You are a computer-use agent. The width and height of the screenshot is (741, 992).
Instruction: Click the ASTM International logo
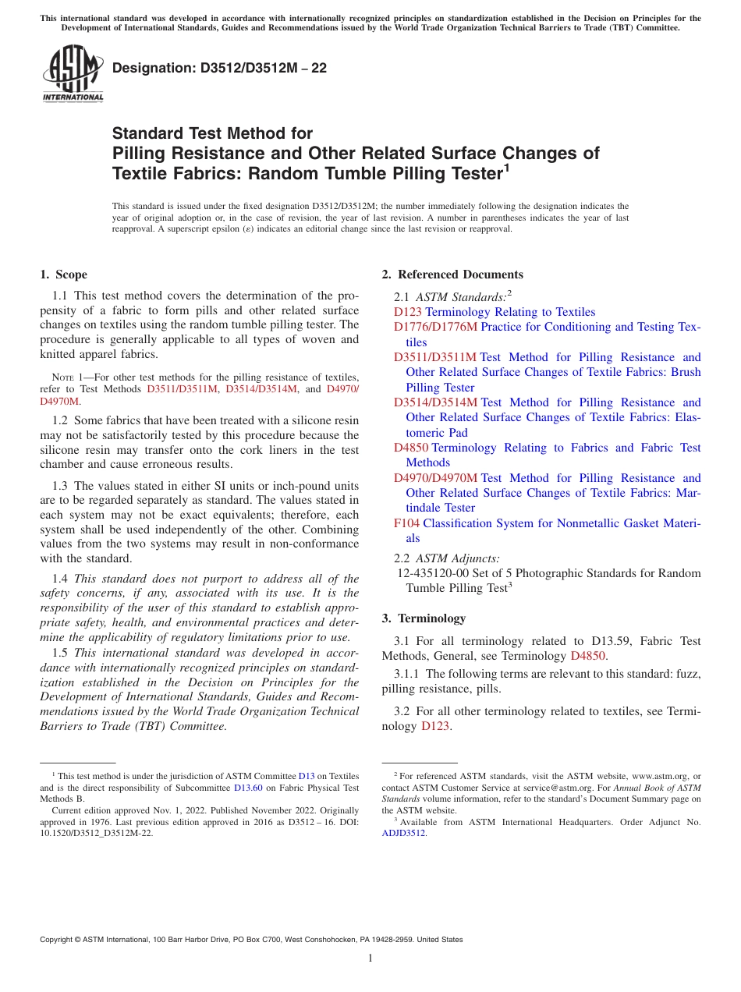point(73,74)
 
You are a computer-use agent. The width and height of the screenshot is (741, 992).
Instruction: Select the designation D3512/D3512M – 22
point(219,69)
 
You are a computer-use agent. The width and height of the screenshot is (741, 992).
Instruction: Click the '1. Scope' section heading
point(63,275)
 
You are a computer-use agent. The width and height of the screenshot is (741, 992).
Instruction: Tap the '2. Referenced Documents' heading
point(452,275)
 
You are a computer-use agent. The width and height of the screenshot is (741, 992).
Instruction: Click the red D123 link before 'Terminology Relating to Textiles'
point(408,312)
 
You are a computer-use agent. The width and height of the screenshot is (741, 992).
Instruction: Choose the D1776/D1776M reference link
point(435,327)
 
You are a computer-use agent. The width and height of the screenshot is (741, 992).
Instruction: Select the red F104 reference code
point(406,523)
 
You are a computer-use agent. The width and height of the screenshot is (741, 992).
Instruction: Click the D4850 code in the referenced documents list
point(411,448)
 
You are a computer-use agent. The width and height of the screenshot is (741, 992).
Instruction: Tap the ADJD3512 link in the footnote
point(403,833)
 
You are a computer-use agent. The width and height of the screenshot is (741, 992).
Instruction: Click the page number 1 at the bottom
point(370,958)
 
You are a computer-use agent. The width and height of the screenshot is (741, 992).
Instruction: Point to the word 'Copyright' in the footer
point(58,940)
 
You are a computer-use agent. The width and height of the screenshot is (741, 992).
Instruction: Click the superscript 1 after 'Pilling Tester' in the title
point(506,166)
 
